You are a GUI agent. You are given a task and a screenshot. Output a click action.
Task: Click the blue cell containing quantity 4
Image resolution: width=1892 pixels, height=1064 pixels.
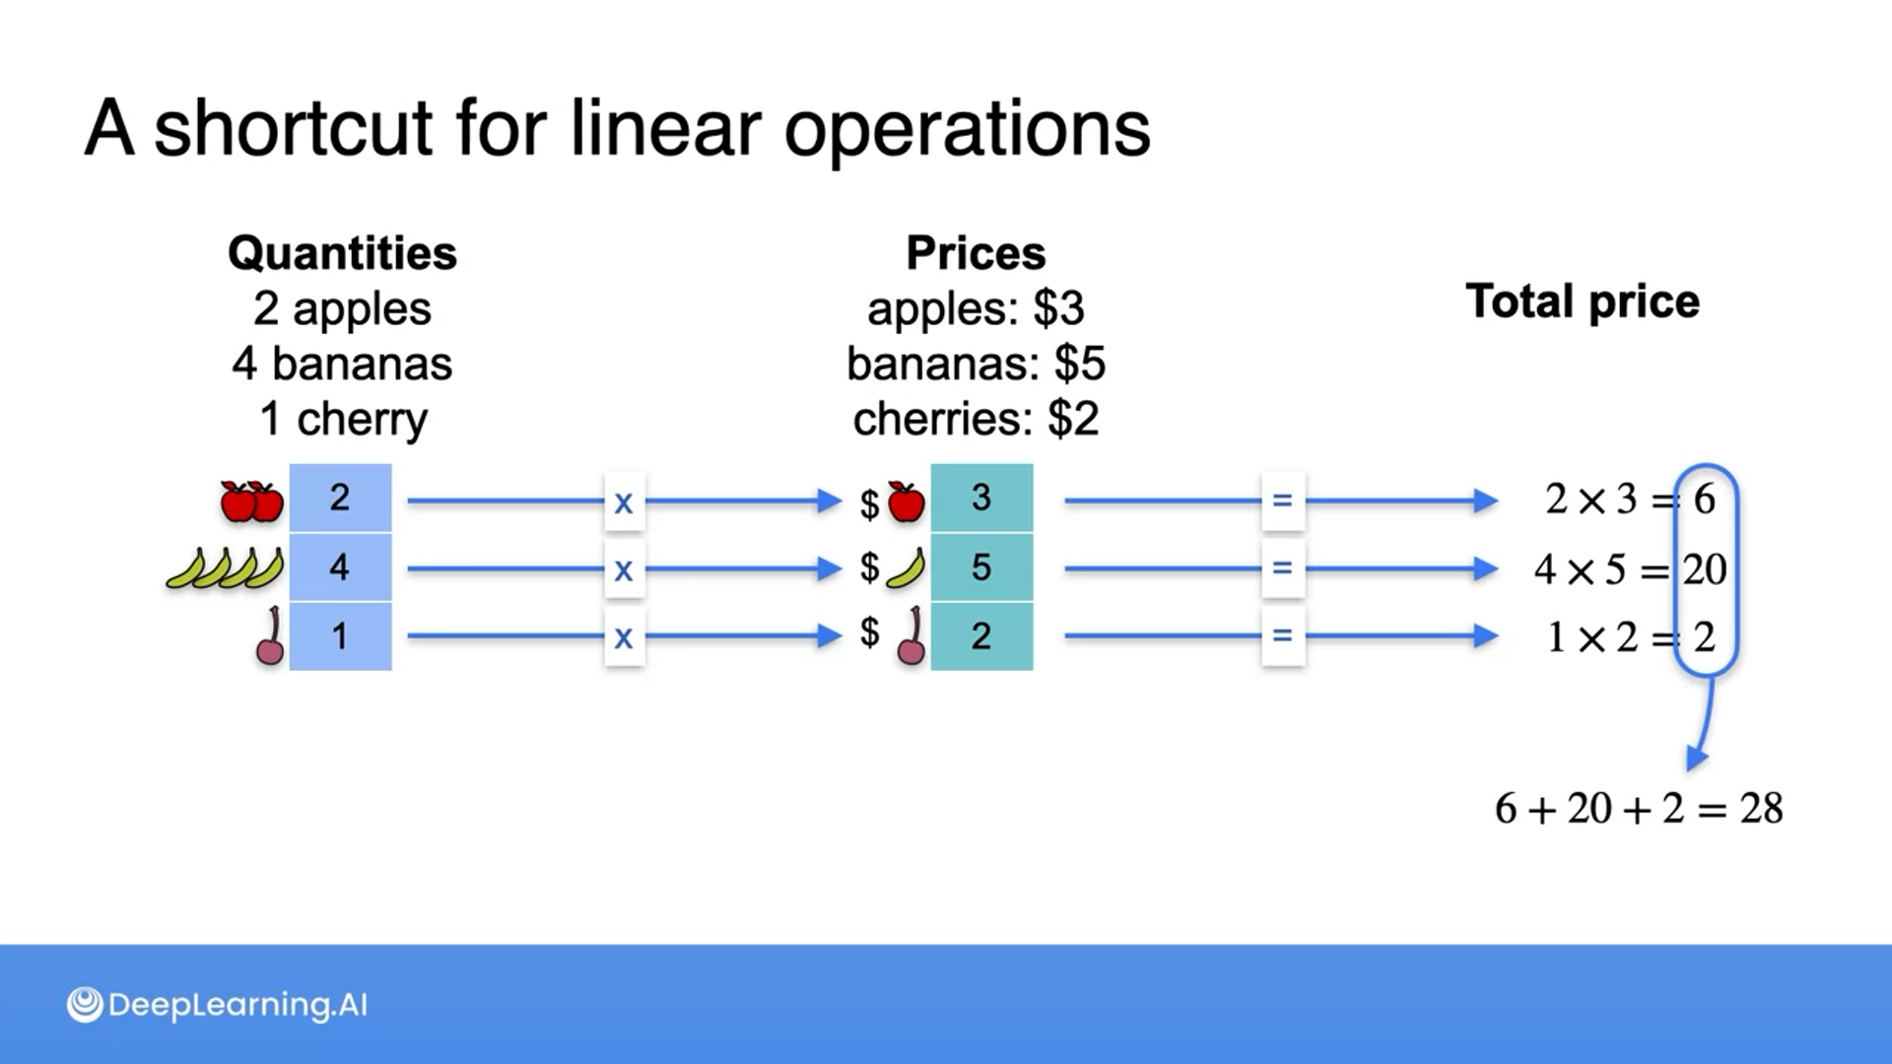[340, 567]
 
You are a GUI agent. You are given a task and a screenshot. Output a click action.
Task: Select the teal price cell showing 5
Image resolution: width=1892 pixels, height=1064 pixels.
[981, 567]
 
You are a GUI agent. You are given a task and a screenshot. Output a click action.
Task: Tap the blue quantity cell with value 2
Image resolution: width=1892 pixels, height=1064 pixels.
[340, 499]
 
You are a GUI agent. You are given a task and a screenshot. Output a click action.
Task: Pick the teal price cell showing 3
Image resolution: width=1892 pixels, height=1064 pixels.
[981, 499]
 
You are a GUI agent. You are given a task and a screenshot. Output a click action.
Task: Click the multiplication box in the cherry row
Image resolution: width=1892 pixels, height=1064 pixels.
[624, 637]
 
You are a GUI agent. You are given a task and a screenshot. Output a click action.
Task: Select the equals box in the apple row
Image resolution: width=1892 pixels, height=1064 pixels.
[1282, 501]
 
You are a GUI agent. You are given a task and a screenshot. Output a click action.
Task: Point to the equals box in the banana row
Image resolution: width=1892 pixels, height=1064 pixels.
[1282, 568]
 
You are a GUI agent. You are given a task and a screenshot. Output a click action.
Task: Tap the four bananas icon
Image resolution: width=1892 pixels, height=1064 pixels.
[225, 569]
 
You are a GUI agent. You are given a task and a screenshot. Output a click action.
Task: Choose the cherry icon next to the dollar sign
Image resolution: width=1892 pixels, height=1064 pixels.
[912, 637]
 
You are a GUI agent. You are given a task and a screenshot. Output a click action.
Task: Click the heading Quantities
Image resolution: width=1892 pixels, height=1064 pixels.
[342, 253]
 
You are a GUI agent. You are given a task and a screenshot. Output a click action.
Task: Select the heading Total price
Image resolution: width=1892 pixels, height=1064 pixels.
[1583, 301]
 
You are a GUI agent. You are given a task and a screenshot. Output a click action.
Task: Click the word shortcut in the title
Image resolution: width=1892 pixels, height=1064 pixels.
[293, 128]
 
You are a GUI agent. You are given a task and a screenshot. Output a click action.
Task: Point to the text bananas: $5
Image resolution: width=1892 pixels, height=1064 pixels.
[976, 364]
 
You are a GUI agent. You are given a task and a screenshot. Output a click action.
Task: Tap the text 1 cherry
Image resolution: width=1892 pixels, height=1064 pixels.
[343, 419]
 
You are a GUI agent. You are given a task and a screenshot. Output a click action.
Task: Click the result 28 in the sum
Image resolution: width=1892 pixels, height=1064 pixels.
[1761, 809]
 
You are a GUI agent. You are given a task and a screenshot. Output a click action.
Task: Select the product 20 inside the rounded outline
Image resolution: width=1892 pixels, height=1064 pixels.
[1705, 569]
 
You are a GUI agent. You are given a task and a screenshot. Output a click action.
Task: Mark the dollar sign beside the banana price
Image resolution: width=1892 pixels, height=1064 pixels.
[869, 567]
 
